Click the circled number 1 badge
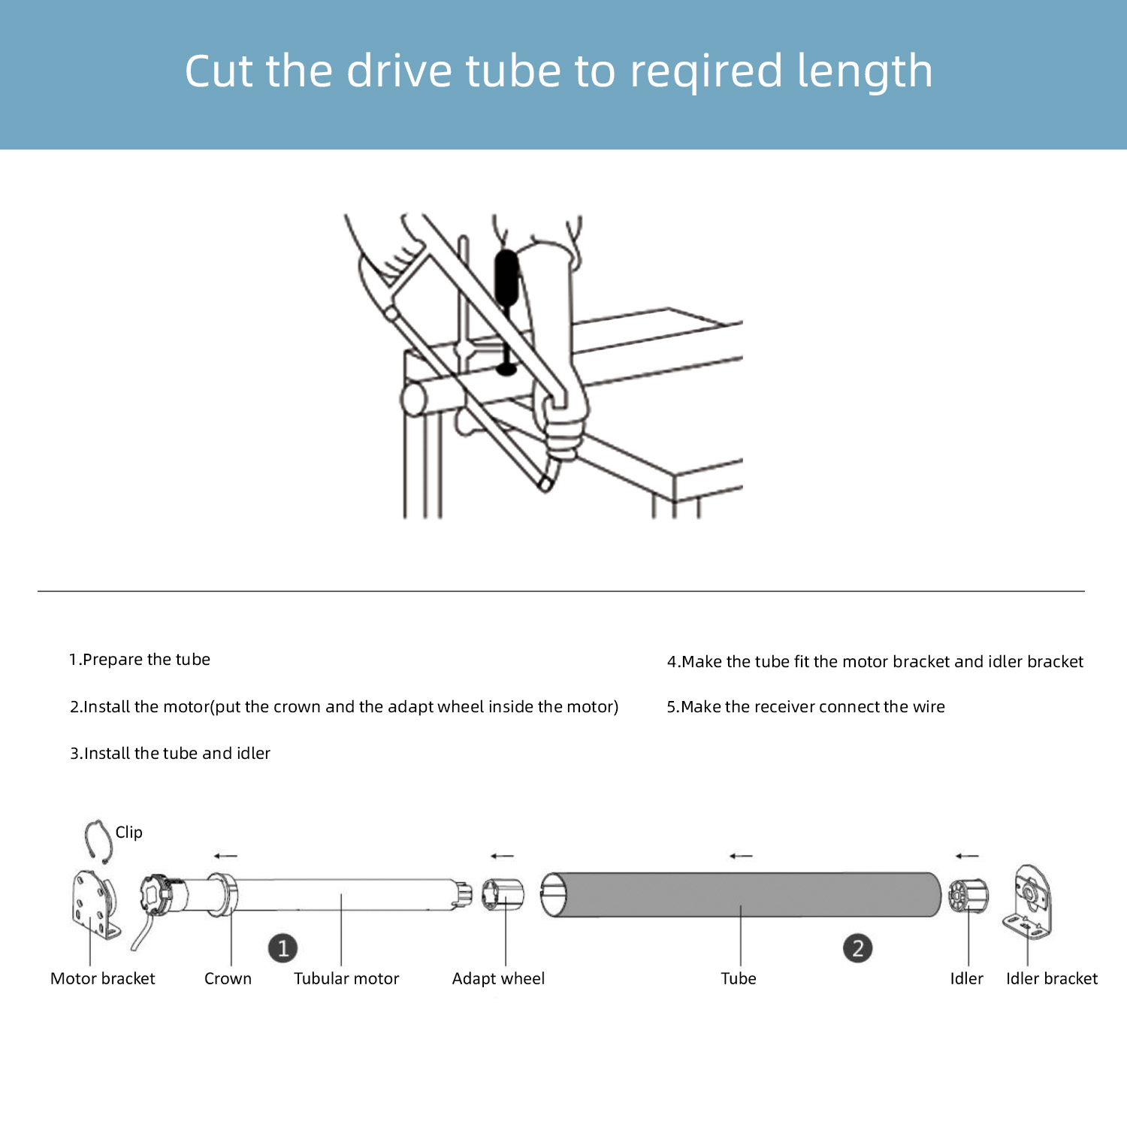(283, 948)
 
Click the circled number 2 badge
(857, 948)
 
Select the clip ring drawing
(97, 840)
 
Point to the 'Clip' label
(128, 832)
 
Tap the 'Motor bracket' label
(102, 978)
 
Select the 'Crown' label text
(228, 978)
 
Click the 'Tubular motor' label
(346, 978)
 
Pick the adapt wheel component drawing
(503, 894)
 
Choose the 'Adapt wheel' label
(498, 978)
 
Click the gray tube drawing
(740, 894)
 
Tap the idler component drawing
(968, 896)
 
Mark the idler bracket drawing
(1029, 902)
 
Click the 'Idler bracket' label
(1051, 978)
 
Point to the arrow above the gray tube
(741, 856)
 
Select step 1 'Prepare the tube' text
(140, 660)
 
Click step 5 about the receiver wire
(805, 707)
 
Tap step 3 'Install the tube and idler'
(171, 754)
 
